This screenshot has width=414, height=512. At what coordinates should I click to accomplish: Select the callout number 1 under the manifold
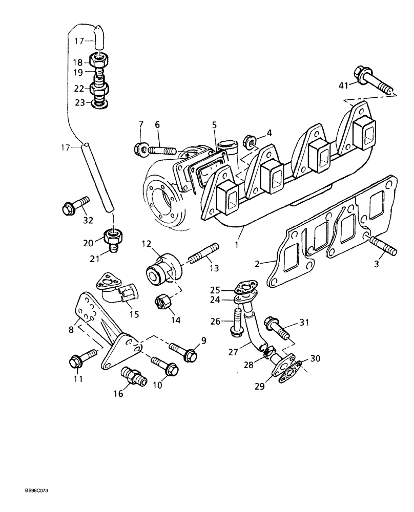(237, 245)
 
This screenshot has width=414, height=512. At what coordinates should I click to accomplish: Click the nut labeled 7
(141, 149)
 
